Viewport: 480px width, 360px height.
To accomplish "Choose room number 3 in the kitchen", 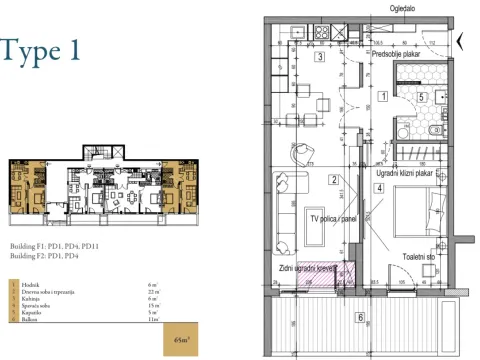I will coord(320,58).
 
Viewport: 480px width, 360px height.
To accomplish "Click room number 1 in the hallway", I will coord(383,97).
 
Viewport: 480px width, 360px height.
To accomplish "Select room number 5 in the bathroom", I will coord(422,97).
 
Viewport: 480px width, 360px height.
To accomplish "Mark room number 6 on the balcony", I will coord(360,318).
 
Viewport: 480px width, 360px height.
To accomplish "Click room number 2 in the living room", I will coord(332,180).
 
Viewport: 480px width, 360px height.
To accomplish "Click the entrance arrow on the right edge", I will coord(460,42).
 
